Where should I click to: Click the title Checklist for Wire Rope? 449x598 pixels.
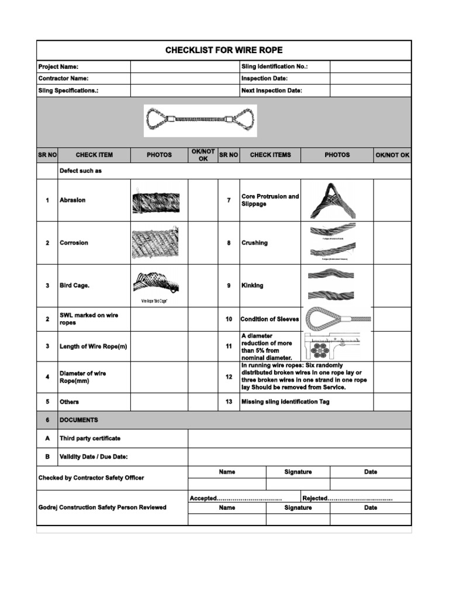coord(224,50)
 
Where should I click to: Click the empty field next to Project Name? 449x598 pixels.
coord(185,67)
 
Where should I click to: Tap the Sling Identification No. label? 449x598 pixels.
coord(274,67)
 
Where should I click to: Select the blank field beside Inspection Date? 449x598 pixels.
coord(370,78)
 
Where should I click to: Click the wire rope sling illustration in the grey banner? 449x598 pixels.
coord(200,120)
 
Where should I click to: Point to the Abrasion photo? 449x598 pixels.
coord(156,200)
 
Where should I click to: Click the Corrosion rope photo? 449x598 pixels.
coord(155,243)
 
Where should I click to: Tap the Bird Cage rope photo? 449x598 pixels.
coord(155,283)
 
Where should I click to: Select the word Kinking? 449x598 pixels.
coord(253,286)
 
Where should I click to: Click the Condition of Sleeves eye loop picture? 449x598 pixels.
coord(337,319)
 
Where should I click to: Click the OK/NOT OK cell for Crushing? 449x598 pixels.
coord(392,243)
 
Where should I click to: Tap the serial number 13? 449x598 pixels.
coord(229,402)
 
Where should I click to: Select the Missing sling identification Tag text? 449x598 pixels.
coord(282,402)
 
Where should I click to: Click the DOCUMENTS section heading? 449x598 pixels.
coord(79,420)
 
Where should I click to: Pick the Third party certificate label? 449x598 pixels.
coord(90,438)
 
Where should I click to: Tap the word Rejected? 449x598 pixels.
coord(315,498)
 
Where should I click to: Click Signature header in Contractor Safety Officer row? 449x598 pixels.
coord(298,472)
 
